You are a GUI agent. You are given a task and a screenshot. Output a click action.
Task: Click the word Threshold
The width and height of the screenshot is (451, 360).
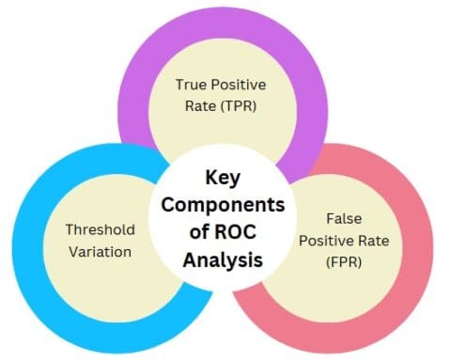tap(101, 228)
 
